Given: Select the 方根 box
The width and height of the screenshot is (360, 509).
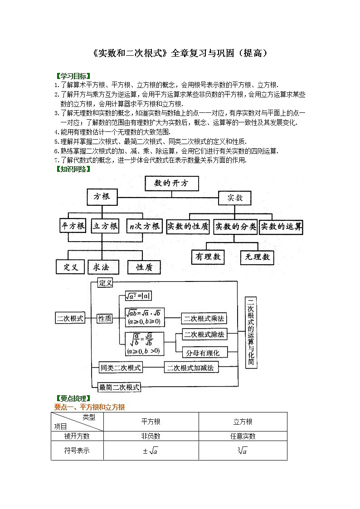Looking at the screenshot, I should tap(102, 197).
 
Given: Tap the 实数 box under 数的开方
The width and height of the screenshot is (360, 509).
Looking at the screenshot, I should tap(235, 198).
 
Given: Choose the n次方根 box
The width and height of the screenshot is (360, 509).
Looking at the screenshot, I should tap(144, 226).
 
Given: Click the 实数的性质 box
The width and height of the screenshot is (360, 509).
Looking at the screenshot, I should tap(188, 226).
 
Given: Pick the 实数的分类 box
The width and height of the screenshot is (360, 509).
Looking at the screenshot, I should tap(235, 226).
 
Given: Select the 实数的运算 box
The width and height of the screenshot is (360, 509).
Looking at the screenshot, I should tap(281, 226).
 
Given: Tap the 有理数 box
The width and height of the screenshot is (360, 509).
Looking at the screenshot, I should tap(208, 257).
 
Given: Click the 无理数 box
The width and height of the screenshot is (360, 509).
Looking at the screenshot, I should tap(257, 257).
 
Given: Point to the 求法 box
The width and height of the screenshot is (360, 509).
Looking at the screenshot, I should tap(104, 267).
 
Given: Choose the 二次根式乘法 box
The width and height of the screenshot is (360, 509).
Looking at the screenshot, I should tap(204, 318).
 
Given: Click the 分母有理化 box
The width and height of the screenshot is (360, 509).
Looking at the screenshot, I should tap(204, 352).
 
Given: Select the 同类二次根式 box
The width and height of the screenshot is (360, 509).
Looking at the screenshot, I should tap(121, 367).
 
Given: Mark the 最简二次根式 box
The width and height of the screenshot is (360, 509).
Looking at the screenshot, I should tap(120, 387).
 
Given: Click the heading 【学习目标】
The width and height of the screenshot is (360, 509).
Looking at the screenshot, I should tap(72, 76).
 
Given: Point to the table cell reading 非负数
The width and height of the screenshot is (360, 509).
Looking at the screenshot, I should tap(151, 436).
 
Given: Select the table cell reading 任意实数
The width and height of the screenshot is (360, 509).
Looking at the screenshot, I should tap(243, 436).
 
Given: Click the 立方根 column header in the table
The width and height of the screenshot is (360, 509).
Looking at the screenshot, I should tap(243, 422).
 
